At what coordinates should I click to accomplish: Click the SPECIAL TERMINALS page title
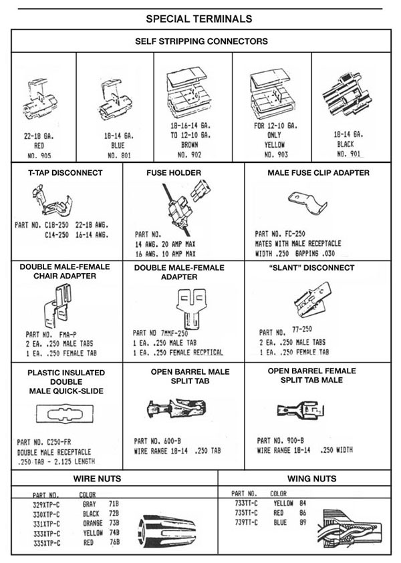[199, 18]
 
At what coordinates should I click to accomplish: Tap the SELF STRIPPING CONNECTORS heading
[201, 41]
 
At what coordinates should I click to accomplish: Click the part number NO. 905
[39, 154]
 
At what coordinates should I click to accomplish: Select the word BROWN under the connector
[193, 144]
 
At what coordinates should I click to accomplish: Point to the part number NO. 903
[271, 154]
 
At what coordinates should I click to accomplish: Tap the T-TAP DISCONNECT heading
[65, 172]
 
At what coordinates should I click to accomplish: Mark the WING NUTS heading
[311, 478]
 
